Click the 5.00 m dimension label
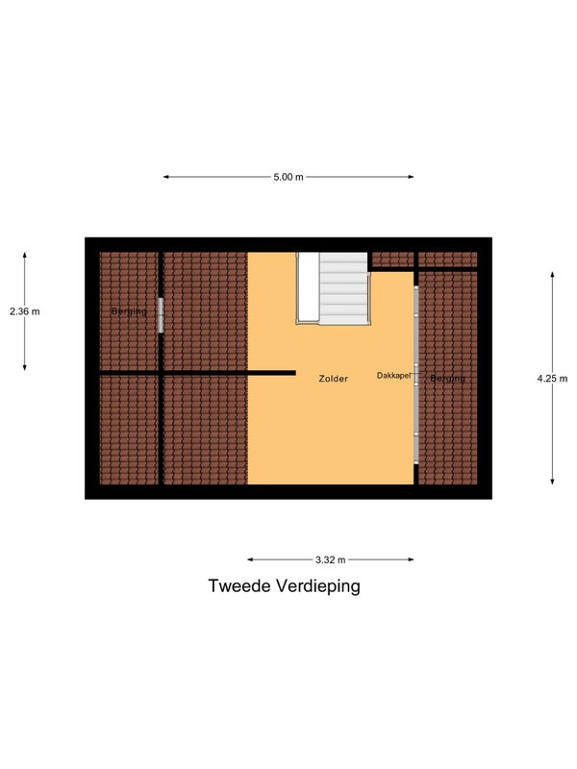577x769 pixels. (288, 177)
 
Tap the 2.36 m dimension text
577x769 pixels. (25, 311)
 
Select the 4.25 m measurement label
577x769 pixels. (552, 379)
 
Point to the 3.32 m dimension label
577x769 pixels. (330, 559)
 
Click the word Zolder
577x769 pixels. (333, 379)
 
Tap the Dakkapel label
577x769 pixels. (393, 376)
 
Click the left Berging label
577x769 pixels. (129, 311)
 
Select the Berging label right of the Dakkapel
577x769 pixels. (447, 379)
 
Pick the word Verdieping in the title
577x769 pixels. (317, 586)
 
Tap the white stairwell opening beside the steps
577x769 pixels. (309, 286)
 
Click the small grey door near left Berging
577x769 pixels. (161, 315)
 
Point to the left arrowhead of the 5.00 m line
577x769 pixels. (165, 177)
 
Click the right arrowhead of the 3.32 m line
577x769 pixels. (411, 559)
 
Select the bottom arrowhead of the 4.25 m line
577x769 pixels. (552, 482)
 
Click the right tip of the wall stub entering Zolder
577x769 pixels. (295, 373)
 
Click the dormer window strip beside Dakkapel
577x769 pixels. (416, 375)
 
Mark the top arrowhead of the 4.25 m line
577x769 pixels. (552, 275)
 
